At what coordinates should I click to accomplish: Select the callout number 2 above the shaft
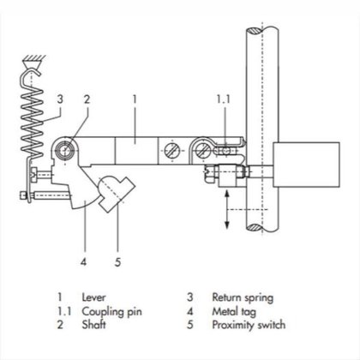(87, 99)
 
